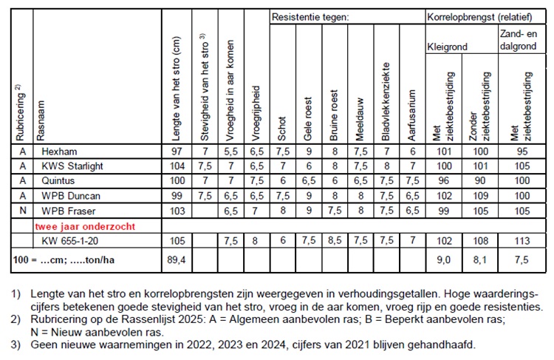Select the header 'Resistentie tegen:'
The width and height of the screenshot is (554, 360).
[309, 16]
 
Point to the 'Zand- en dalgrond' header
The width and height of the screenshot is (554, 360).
[520, 38]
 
